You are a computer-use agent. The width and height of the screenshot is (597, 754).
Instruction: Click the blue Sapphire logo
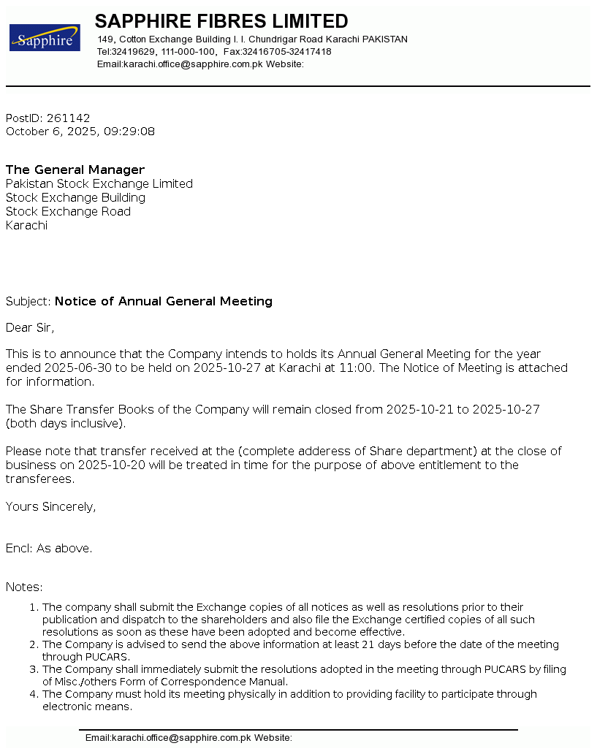point(45,38)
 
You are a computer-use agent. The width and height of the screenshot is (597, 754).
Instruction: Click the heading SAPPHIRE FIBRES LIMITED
point(221,21)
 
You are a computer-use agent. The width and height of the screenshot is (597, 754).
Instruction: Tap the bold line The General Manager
point(75,170)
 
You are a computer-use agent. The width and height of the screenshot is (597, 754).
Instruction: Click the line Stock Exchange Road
point(68,212)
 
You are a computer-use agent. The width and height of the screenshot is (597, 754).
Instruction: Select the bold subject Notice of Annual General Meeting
point(164,302)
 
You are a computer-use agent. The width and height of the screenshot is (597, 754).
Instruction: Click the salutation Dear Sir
point(30,328)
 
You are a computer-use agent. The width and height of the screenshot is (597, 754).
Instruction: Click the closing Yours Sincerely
point(50,507)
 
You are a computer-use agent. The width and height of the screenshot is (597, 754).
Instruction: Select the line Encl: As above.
point(49,549)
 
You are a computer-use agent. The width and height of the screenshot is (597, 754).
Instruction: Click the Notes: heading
point(24,587)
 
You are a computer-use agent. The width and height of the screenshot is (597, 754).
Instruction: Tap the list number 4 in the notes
point(34,694)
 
